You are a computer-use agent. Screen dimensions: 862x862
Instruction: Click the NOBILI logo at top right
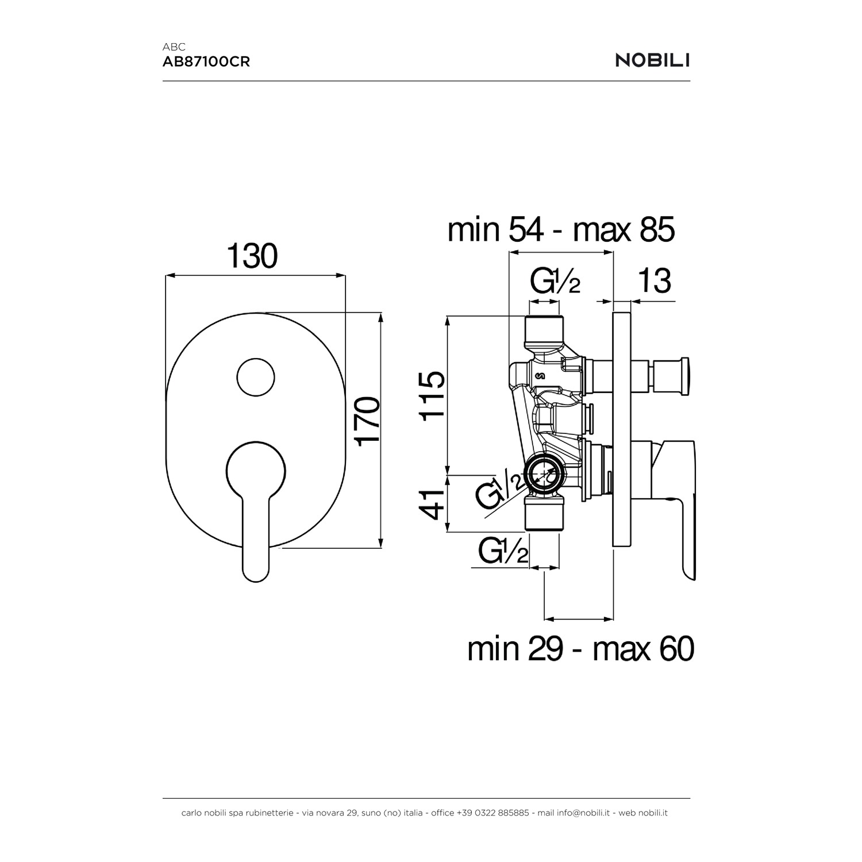point(653,60)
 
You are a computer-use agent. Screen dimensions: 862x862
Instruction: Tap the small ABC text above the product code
point(174,47)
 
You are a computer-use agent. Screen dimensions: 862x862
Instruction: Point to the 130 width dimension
point(252,256)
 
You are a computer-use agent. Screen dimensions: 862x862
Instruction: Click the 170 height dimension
point(367,420)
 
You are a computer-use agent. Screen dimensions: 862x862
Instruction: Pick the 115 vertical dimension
point(432,396)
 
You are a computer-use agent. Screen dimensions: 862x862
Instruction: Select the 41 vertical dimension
point(432,504)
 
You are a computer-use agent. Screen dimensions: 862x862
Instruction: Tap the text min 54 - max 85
point(561,230)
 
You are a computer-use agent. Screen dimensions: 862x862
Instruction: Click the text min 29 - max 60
point(581,649)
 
